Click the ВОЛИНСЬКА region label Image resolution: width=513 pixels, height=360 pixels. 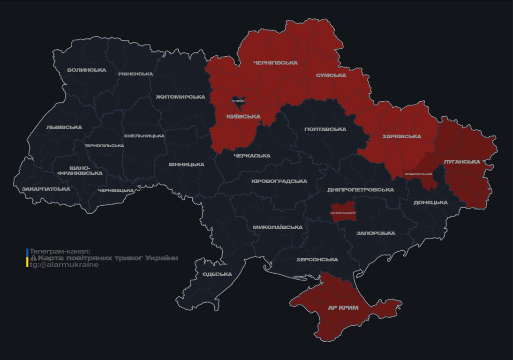87,70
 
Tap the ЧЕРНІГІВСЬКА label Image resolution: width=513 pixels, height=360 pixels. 275,63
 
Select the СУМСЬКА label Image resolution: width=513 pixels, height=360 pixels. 331,75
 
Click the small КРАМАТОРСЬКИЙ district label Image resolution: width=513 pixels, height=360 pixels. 418,174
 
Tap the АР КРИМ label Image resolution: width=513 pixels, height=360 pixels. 343,308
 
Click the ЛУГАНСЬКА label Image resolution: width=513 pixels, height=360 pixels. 462,162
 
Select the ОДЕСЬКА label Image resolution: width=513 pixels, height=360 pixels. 217,274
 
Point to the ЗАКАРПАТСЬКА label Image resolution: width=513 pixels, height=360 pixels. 46,189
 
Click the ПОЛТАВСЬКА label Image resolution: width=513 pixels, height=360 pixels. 325,129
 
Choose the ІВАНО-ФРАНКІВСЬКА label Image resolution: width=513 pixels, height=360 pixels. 80,171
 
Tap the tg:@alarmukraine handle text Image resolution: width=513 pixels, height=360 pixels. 64,265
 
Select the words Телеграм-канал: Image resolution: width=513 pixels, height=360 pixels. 60,251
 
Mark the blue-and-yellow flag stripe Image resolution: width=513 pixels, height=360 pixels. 27,258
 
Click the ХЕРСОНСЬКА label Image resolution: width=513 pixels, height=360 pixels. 317,260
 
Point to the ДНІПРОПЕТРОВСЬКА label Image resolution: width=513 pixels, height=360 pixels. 361,190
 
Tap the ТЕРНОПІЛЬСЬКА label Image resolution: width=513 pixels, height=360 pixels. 104,146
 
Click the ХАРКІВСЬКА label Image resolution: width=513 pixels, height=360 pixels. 401,137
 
